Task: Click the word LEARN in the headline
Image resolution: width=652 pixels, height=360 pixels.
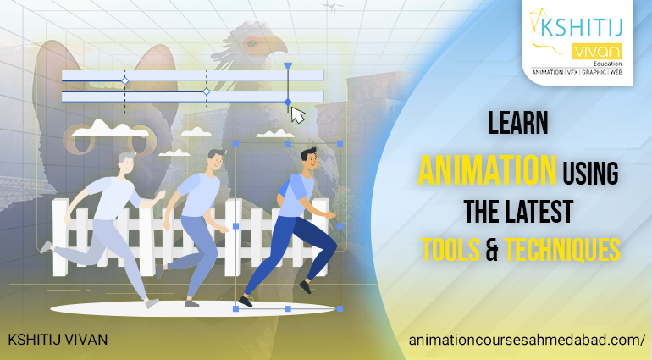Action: (518, 123)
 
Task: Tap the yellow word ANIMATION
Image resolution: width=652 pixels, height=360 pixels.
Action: (487, 170)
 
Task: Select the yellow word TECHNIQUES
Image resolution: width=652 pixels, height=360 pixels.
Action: (562, 249)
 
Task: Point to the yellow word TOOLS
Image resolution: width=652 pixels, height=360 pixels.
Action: (450, 249)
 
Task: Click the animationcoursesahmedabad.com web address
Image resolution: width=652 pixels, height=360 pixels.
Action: (527, 340)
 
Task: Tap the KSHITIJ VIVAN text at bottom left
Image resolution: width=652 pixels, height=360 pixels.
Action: (58, 340)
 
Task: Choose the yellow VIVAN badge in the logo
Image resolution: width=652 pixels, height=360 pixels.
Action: (596, 52)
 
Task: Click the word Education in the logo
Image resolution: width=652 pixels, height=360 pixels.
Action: (607, 64)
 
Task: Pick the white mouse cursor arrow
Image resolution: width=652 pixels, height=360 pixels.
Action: (296, 115)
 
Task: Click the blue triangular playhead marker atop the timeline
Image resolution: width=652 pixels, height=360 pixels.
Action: (288, 66)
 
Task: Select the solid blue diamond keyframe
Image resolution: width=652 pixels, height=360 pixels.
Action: (288, 102)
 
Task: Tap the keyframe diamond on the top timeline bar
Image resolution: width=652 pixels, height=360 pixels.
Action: (124, 80)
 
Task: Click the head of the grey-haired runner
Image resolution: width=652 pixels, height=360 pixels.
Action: (127, 163)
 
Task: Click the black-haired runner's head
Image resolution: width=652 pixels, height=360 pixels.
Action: (310, 159)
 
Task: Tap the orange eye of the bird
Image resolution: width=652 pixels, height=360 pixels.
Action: (252, 42)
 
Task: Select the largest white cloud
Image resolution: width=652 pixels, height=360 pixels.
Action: (110, 129)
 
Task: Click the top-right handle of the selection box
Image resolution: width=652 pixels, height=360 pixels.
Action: (340, 144)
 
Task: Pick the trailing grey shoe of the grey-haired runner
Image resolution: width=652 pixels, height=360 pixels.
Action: (47, 246)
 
